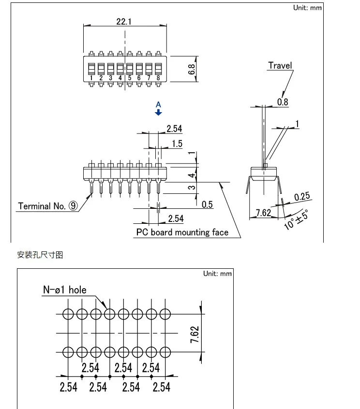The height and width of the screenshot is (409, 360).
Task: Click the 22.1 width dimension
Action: [124, 22]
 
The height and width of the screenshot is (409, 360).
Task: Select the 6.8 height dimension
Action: [193, 69]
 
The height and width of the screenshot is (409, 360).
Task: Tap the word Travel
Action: [280, 66]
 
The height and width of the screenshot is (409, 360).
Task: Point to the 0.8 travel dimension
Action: [283, 102]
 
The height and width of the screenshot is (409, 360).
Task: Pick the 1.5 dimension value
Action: [177, 144]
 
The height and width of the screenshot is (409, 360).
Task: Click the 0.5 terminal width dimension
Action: [207, 204]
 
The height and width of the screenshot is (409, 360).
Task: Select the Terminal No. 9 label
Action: [47, 206]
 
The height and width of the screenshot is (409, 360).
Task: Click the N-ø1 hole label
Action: [65, 290]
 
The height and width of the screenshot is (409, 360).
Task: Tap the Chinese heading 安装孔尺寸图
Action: [40, 255]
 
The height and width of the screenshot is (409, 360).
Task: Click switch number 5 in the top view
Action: [129, 77]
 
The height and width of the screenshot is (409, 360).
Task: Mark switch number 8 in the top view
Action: [158, 77]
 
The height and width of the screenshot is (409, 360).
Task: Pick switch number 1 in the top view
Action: [91, 77]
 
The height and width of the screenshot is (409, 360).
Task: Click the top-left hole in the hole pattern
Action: [68, 314]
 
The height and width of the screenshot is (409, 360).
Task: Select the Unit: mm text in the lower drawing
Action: [217, 274]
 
